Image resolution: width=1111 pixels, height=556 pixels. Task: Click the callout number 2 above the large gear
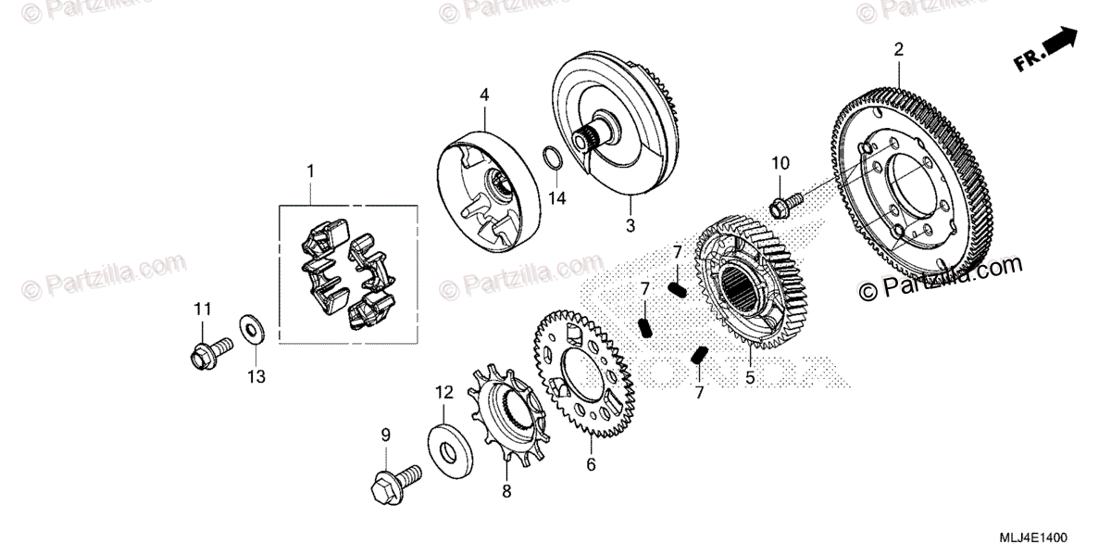[897, 49]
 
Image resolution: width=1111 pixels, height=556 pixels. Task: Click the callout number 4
[483, 95]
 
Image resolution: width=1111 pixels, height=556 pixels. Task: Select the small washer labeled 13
[250, 327]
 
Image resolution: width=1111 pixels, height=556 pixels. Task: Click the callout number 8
[506, 491]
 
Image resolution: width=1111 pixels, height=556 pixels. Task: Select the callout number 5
[750, 377]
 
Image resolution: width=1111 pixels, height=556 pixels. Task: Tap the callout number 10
[780, 163]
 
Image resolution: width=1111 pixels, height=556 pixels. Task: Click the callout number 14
[555, 198]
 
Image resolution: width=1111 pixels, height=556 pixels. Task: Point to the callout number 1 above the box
[310, 171]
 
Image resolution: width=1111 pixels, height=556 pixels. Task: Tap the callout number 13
[256, 376]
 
